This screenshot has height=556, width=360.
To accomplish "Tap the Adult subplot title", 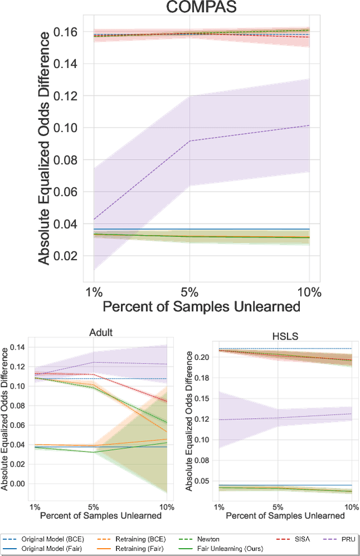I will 101,332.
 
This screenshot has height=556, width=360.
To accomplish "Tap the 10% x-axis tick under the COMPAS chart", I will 309,293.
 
